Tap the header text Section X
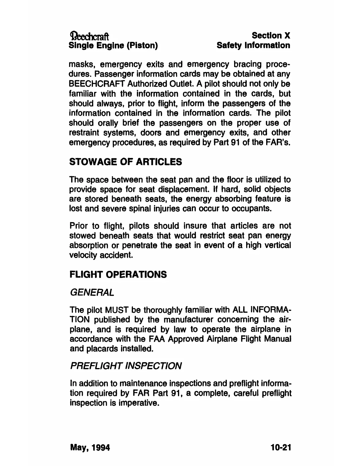pyautogui.click(x=271, y=36)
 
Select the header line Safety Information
pyautogui.click(x=253, y=46)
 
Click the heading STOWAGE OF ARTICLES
pyautogui.click(x=126, y=162)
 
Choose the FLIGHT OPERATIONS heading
pyautogui.click(x=118, y=274)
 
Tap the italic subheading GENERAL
pyautogui.click(x=91, y=292)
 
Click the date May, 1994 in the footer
pyautogui.click(x=90, y=448)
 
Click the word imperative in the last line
pyautogui.click(x=139, y=403)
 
